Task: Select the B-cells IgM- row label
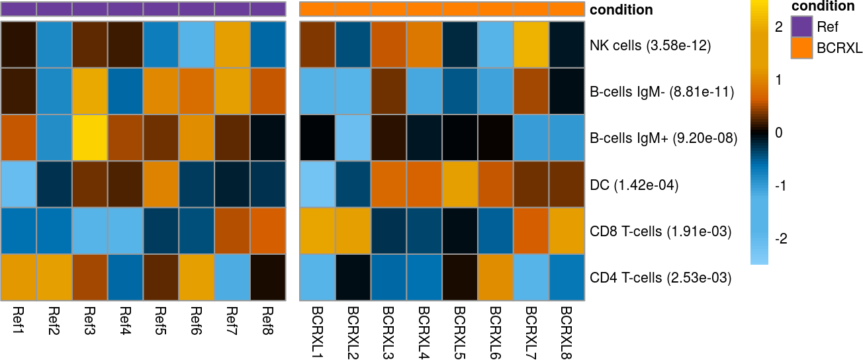pos(662,92)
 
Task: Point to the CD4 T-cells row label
pos(660,277)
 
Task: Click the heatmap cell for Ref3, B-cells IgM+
pos(90,138)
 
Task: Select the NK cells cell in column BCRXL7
pos(531,45)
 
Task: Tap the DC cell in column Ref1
pos(19,185)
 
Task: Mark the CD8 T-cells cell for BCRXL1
pos(318,231)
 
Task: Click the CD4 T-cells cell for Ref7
pos(232,277)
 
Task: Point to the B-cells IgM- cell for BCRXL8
pos(567,92)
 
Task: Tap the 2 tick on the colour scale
pos(778,27)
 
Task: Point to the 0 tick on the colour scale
pos(778,133)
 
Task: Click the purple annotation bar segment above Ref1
pos(19,9)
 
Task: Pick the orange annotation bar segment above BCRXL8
pos(567,9)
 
